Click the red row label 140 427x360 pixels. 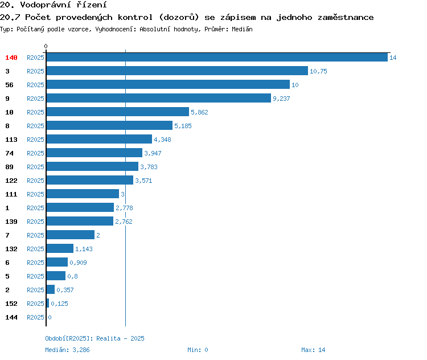pos(11,58)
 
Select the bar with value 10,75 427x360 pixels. pos(177,71)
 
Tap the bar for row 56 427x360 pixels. pos(168,84)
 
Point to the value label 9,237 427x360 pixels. pos(281,99)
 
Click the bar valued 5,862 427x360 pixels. pos(118,112)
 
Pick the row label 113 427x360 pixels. pos(11,140)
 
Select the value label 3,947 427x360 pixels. pos(153,153)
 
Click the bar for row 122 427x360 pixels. pos(90,180)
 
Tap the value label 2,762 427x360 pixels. pos(124,222)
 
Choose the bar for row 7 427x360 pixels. pos(71,235)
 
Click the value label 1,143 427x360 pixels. pos(84,249)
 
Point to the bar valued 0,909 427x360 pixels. pos(57,262)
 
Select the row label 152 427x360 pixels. pos(11,304)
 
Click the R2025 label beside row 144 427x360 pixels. pos(35,317)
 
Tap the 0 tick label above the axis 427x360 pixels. pos(46,46)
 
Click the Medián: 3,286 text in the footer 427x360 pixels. pos(67,350)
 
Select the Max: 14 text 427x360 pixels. pos(313,350)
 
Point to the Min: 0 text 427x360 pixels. pos(198,350)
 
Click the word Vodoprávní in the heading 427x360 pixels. pos(46,5)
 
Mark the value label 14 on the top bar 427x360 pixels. pos(393,58)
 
